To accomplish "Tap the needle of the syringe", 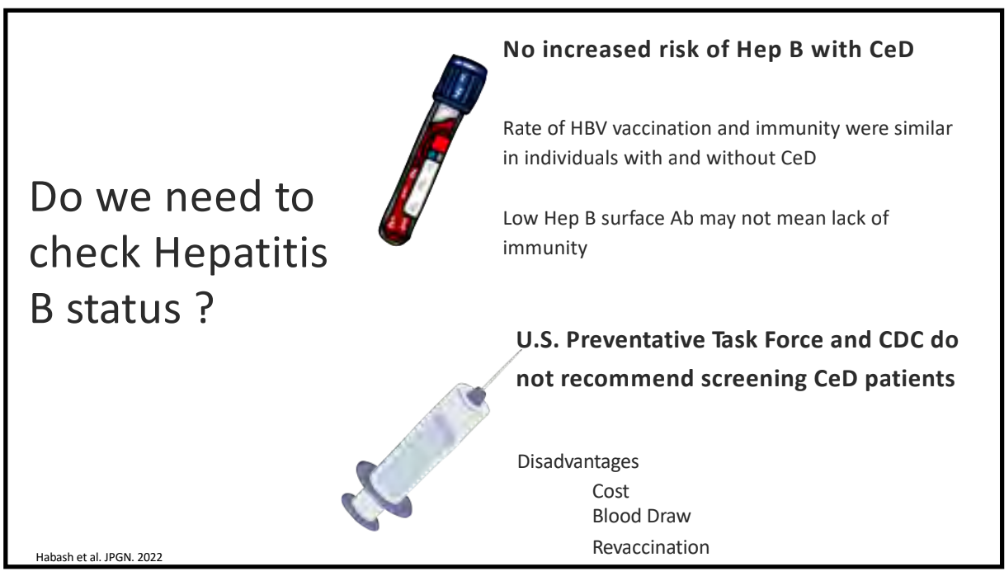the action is coord(502,368).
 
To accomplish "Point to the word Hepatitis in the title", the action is coord(241,252).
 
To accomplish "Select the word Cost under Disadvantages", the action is coord(610,491).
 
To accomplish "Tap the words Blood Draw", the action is coord(642,516).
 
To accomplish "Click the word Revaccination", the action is coord(651,547).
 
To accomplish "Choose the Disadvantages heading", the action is coord(578,462).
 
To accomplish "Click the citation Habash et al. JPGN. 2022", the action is coord(99,557).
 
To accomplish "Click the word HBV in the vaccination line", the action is coord(588,128).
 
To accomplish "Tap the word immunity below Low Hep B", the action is coord(545,248).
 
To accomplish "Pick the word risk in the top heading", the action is coord(663,49).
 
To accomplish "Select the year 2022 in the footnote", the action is coord(150,557).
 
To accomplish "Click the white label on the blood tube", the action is coord(418,186).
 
